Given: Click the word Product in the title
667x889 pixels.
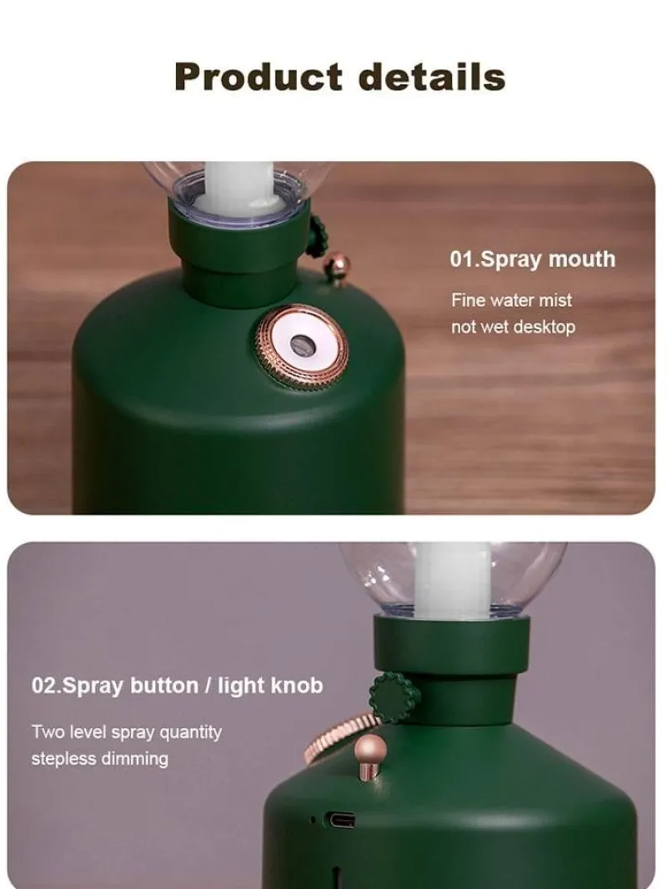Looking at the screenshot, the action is click(x=258, y=77).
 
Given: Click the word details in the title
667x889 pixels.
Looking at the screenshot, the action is click(x=432, y=77).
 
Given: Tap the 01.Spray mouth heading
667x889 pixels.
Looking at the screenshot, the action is click(x=532, y=259).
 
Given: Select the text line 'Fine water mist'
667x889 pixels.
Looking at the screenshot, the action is click(x=511, y=300).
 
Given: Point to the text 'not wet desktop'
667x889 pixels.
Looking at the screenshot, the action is click(x=513, y=327).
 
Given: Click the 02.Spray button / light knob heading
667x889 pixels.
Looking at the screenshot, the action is click(x=177, y=686).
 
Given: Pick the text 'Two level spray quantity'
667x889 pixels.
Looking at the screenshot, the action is click(x=127, y=732).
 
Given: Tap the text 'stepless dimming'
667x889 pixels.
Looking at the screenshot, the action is click(x=100, y=759).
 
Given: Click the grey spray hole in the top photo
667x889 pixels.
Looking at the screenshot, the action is click(x=302, y=344).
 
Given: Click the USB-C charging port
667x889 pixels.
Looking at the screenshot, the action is click(x=340, y=820).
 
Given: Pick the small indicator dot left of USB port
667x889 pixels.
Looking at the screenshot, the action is click(x=313, y=819).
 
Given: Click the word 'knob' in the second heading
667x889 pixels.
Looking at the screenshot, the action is click(x=296, y=686).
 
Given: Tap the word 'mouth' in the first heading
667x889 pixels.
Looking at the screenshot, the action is click(x=582, y=259).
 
